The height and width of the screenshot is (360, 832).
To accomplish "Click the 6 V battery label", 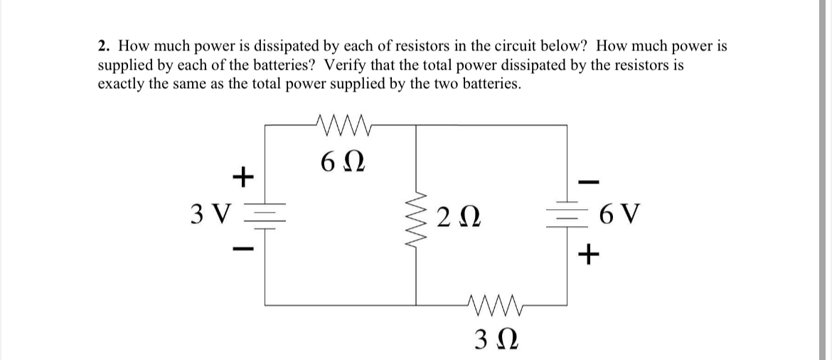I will pos(622,213).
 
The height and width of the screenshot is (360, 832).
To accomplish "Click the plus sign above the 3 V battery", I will pos(243,175).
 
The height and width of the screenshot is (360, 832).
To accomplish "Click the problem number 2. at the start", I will pos(104,47).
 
